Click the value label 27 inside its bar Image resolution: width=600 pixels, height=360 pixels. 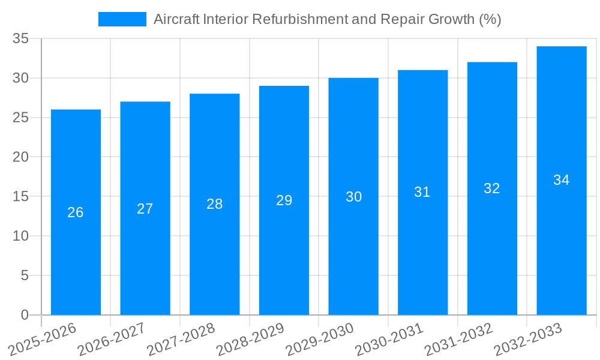click(x=145, y=209)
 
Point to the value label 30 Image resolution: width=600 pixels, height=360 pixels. click(x=353, y=197)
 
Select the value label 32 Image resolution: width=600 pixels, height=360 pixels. click(x=492, y=188)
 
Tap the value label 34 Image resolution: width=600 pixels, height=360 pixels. click(x=562, y=180)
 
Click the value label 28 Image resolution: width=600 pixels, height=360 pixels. click(x=215, y=204)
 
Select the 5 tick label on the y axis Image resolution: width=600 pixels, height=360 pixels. click(x=25, y=275)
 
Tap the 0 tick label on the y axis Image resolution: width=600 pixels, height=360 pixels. click(x=25, y=315)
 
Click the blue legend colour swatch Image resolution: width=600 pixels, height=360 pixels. click(x=122, y=19)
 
